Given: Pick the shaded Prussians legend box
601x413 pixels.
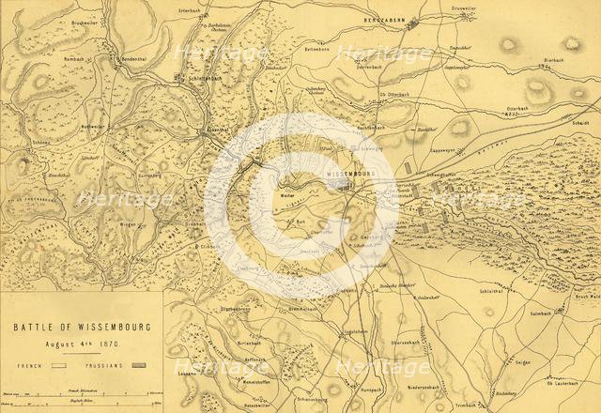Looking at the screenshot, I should (x=142, y=362).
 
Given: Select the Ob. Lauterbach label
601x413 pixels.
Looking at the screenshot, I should (x=562, y=383).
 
